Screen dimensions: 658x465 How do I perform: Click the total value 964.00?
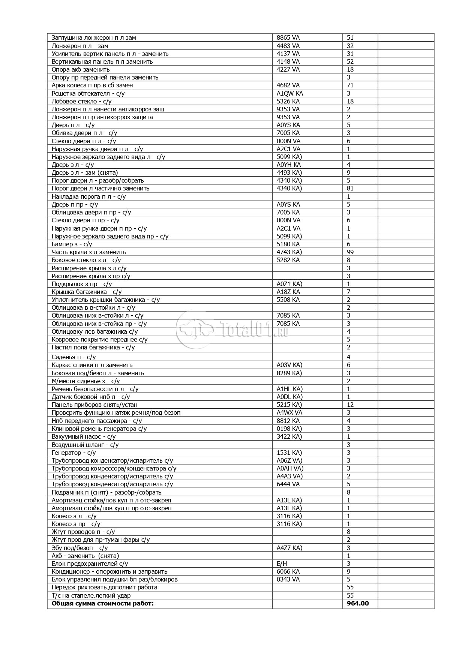point(358,603)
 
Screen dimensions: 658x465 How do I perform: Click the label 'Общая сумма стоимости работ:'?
point(102,603)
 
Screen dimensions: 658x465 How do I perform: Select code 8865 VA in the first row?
point(288,37)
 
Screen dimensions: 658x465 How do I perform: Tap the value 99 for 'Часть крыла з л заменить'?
point(350,252)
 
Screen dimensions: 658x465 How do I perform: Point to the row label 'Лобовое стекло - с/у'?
point(81,101)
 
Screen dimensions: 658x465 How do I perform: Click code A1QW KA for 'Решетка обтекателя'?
point(289,93)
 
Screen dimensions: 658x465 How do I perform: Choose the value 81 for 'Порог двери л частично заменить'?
point(350,188)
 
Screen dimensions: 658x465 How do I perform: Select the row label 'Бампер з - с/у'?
point(72,244)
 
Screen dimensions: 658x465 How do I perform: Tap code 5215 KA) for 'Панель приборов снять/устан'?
point(289,405)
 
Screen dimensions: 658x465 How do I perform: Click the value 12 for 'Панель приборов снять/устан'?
point(350,405)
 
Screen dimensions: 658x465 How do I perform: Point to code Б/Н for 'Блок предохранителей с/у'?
point(282,564)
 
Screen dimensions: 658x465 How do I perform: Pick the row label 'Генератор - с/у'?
point(73,453)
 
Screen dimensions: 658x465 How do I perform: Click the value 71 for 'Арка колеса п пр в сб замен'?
point(350,85)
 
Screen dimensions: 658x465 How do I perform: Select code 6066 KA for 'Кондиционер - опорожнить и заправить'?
point(288,571)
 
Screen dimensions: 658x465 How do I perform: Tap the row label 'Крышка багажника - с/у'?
point(87,292)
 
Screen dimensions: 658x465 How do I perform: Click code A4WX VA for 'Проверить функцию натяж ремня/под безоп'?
point(289,412)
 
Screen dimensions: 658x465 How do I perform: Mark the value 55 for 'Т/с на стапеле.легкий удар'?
point(350,595)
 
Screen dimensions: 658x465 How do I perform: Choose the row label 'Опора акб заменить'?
point(81,69)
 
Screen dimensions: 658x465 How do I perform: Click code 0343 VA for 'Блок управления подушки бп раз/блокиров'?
point(288,579)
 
